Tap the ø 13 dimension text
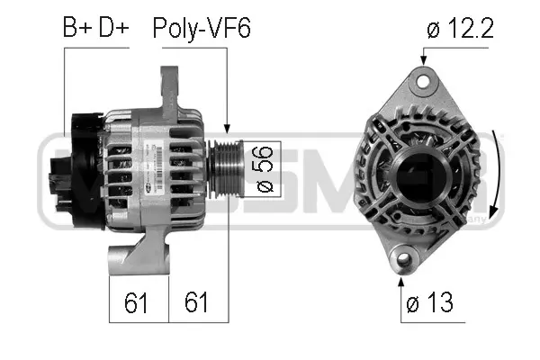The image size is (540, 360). click(431, 303)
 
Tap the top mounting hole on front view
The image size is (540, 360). click(420, 81)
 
